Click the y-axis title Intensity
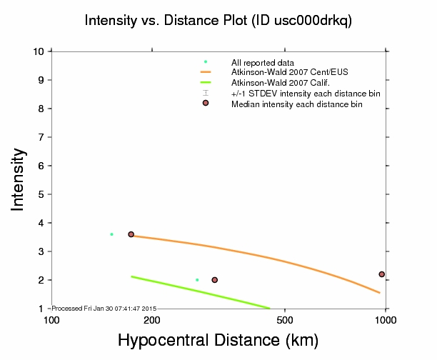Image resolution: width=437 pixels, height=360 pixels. (x=19, y=179)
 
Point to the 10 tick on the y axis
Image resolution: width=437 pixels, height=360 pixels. (x=40, y=51)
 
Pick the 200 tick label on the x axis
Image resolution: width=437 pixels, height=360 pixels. (x=151, y=319)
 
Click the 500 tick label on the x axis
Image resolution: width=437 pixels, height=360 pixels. (x=285, y=319)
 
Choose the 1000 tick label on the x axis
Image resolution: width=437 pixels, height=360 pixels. (x=386, y=319)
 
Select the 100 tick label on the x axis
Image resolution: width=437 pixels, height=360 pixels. (x=51, y=319)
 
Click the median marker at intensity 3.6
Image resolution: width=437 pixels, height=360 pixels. (x=131, y=234)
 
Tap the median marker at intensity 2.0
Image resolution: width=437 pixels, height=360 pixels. (x=214, y=280)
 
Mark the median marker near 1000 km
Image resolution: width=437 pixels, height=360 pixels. (x=382, y=274)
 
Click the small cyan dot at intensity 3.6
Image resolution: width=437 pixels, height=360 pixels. (x=111, y=234)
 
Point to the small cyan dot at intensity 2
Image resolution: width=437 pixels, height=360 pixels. (x=197, y=280)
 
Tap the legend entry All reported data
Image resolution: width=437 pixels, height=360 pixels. (x=263, y=62)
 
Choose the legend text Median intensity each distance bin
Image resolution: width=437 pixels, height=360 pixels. (x=296, y=104)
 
